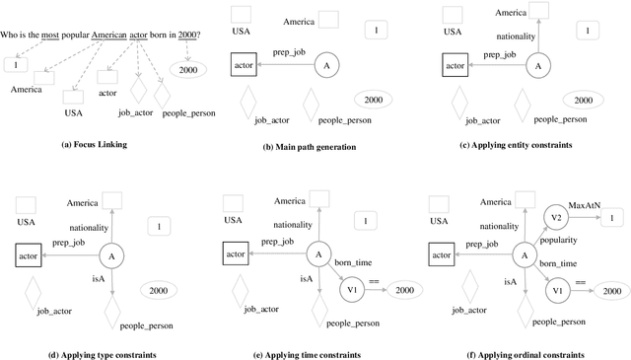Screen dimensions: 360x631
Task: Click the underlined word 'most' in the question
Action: pyautogui.click(x=50, y=36)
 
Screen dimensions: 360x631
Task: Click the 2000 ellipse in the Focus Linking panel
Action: pyautogui.click(x=187, y=70)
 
